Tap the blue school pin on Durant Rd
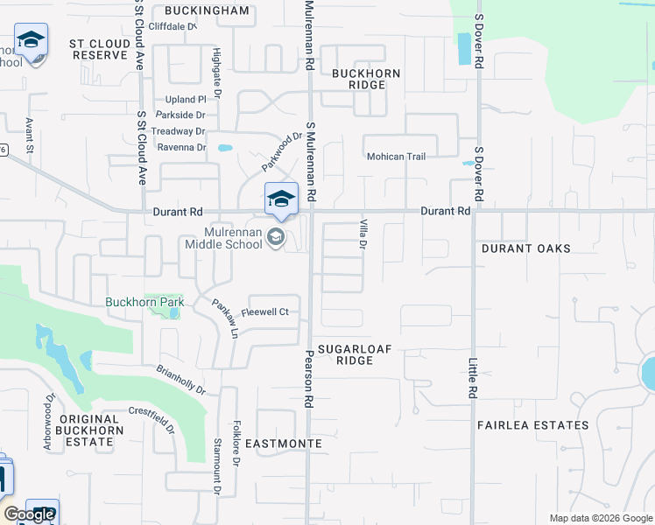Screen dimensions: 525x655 click(x=281, y=199)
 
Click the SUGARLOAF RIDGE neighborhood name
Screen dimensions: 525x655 click(x=354, y=354)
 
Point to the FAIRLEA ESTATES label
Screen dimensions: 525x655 click(x=532, y=425)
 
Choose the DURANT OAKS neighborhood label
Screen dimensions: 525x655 click(x=525, y=248)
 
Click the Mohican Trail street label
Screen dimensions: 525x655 click(x=396, y=157)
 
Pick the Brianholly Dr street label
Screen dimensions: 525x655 click(x=181, y=379)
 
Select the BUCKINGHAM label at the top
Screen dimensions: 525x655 click(x=207, y=11)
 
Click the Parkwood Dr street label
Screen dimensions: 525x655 click(x=281, y=151)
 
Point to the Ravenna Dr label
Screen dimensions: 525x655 click(x=181, y=147)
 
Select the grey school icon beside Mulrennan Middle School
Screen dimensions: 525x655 click(x=276, y=237)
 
